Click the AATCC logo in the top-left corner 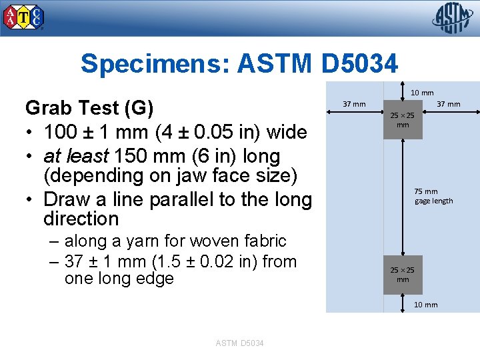point(25,17)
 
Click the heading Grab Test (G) point(89,107)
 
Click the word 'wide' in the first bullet point(286,132)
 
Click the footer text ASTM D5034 point(240,343)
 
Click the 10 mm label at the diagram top point(421,93)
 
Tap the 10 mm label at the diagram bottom point(426,305)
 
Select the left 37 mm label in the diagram point(353,103)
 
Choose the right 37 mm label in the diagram point(448,103)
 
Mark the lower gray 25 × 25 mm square point(403,274)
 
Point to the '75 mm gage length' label point(433,196)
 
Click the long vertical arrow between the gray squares point(403,200)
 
